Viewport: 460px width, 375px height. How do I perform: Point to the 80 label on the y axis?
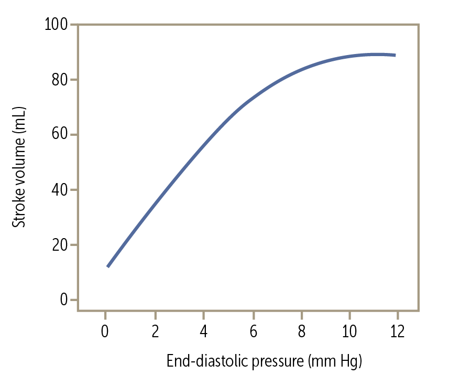coord(60,80)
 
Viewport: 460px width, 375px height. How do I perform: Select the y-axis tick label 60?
coord(60,135)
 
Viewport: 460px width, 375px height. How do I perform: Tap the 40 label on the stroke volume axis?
coord(60,190)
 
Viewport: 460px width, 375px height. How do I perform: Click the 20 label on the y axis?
coord(60,245)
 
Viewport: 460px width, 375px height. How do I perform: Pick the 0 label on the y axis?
coord(64,300)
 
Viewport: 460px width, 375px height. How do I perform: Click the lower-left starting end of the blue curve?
coord(108,266)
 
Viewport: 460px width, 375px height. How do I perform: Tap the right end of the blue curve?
coord(395,55)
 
